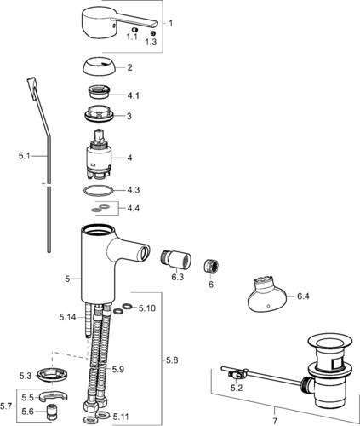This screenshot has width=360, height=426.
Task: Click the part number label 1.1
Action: (x=132, y=37)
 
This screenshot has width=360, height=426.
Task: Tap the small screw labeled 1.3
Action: (x=152, y=32)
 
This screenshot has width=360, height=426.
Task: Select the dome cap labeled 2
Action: (x=99, y=67)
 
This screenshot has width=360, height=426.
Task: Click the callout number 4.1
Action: (x=133, y=95)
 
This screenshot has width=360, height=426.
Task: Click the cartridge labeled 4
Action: (x=98, y=154)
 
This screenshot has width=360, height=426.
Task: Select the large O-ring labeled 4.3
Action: (x=98, y=191)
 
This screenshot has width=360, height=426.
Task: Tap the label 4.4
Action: (x=133, y=209)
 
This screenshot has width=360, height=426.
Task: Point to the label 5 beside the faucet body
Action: (x=67, y=279)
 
